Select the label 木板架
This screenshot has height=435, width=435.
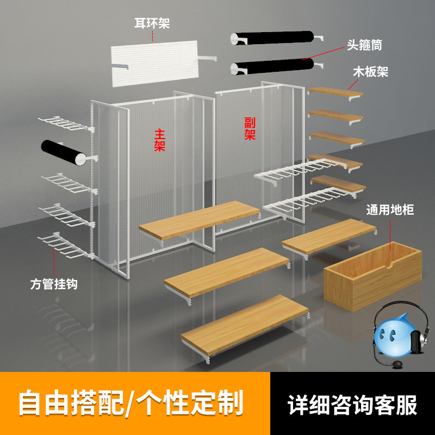[x=370, y=73]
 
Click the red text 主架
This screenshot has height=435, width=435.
[x=159, y=140]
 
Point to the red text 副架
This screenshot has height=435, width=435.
[x=250, y=128]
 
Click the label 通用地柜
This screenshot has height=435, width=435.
[x=390, y=210]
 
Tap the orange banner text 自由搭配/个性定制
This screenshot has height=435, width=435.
[x=131, y=403]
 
